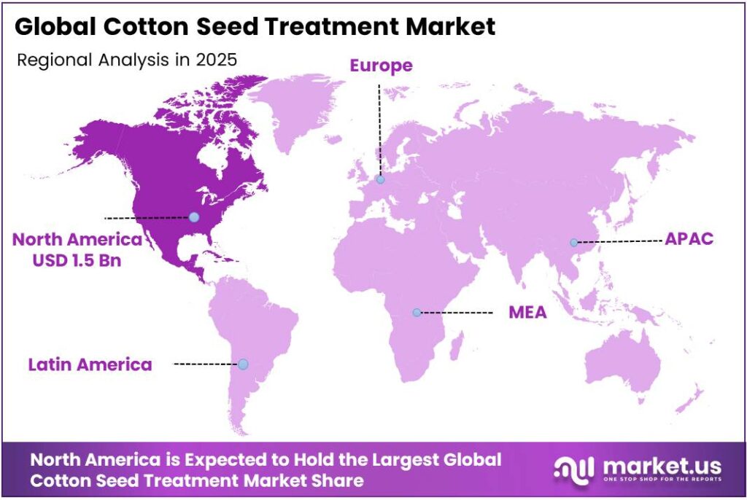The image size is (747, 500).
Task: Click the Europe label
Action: (381, 66)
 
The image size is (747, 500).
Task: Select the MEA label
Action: (527, 313)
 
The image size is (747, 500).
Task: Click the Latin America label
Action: (90, 364)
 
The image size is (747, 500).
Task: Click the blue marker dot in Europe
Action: (380, 179)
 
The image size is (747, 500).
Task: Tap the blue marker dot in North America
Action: (193, 216)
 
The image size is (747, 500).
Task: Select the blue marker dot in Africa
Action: (417, 312)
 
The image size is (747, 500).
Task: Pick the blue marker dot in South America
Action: (243, 364)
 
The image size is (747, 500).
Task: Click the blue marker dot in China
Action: (574, 242)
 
